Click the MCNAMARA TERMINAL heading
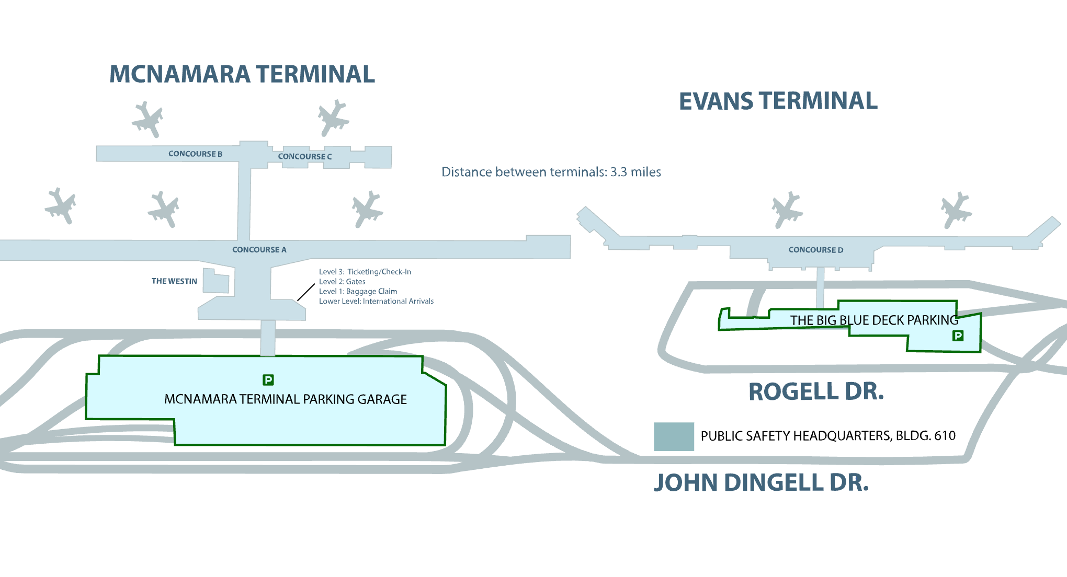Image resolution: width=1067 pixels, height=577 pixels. pyautogui.click(x=242, y=74)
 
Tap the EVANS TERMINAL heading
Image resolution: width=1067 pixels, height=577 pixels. pyautogui.click(x=778, y=101)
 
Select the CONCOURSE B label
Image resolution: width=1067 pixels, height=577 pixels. pyautogui.click(x=195, y=154)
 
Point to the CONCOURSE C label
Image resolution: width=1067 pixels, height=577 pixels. pyautogui.click(x=304, y=156)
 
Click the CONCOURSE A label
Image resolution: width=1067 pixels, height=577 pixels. pyautogui.click(x=259, y=250)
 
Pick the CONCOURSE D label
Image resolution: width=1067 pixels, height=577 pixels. pyautogui.click(x=815, y=250)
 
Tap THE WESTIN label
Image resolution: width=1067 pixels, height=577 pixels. pyautogui.click(x=174, y=281)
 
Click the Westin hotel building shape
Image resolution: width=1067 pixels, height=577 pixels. pyautogui.click(x=215, y=282)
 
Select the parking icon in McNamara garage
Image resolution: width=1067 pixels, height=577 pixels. pyautogui.click(x=268, y=380)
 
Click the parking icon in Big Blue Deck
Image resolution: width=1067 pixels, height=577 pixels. pyautogui.click(x=958, y=336)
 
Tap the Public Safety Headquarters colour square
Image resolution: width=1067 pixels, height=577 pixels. pyautogui.click(x=674, y=436)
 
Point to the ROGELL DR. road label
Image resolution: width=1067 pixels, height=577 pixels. pyautogui.click(x=816, y=392)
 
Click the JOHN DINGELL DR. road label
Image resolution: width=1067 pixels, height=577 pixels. pyautogui.click(x=761, y=483)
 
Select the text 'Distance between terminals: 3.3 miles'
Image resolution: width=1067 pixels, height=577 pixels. pyautogui.click(x=551, y=172)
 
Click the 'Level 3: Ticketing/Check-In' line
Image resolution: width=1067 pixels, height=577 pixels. pyautogui.click(x=365, y=272)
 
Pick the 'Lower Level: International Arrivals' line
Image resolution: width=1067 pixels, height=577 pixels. pyautogui.click(x=376, y=302)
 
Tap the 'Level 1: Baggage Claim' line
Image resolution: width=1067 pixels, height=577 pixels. pyautogui.click(x=358, y=292)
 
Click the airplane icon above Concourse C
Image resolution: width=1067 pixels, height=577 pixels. pyautogui.click(x=333, y=118)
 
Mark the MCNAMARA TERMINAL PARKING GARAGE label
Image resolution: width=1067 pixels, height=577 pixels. pyautogui.click(x=285, y=399)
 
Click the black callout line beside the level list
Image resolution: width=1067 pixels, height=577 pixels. pyautogui.click(x=306, y=292)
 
